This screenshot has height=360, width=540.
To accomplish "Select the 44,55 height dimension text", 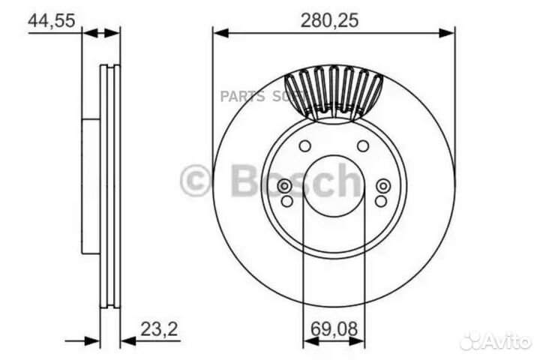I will [51, 21].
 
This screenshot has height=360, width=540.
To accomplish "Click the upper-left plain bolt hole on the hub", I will [304, 145].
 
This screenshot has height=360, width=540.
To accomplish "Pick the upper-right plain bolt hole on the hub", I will [363, 145].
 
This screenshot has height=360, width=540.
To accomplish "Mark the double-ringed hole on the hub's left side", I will [284, 185].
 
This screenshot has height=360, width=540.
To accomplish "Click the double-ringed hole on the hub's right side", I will [383, 185].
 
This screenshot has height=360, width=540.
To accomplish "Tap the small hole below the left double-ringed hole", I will [286, 201].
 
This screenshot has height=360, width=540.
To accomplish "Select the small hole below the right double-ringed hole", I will [381, 201].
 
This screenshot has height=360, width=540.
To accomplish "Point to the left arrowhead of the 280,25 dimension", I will [218, 31].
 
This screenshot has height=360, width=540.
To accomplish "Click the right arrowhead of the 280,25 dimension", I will [449, 31].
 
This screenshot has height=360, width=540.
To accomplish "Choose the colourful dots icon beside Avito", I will [472, 341].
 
